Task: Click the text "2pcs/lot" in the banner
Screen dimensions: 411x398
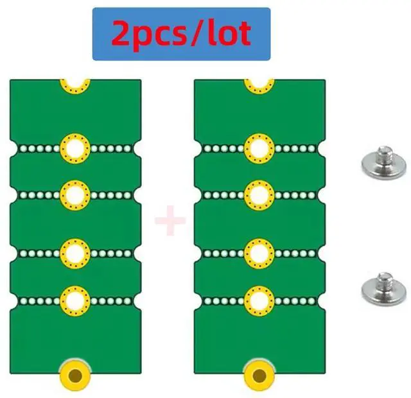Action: point(180,34)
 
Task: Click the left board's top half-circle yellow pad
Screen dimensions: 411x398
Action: point(75,84)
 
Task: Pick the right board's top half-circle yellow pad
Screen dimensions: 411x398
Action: point(259,84)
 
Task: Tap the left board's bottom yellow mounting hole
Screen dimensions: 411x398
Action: point(76,374)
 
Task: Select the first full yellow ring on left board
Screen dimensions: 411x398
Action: point(75,149)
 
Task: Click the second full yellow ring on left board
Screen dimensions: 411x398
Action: point(75,195)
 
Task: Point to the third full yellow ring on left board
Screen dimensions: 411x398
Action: point(75,254)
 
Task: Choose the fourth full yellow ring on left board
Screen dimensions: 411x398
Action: point(75,300)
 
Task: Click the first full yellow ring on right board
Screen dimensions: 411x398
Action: point(259,149)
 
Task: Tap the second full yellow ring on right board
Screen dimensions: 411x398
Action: point(259,195)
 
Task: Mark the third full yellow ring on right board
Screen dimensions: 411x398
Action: point(259,254)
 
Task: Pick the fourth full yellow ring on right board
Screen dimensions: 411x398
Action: point(259,300)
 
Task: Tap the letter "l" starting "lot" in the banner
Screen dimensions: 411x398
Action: point(211,33)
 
